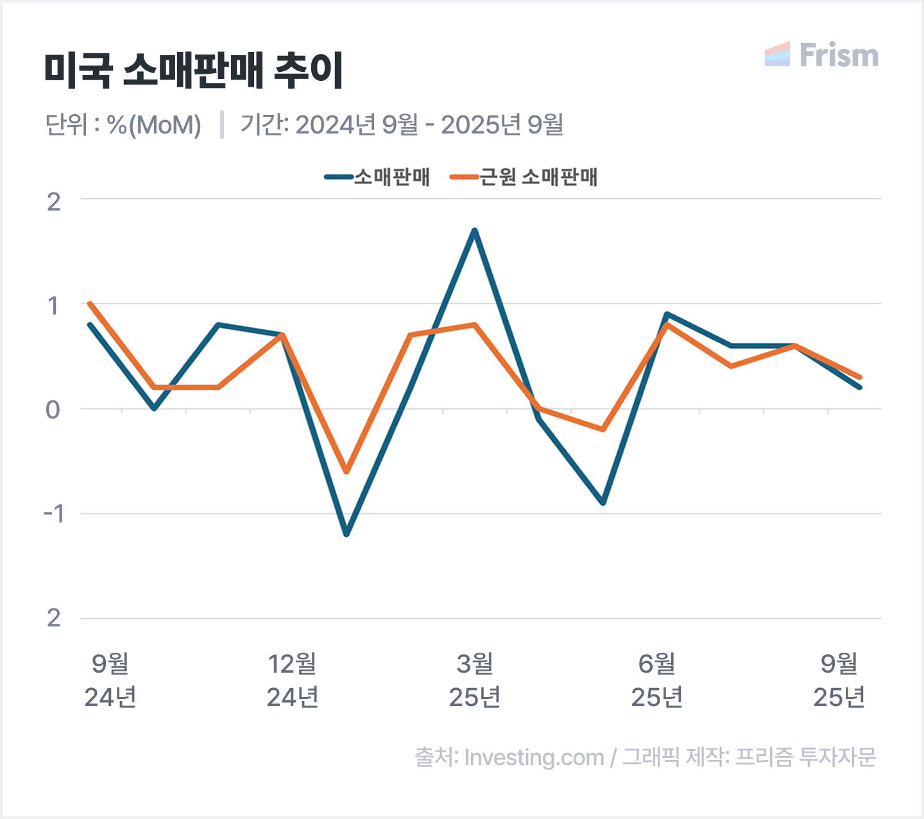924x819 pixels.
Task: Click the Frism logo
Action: coord(822,55)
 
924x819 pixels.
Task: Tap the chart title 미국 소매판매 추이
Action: coord(194,71)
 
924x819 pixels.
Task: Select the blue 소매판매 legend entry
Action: coord(377,177)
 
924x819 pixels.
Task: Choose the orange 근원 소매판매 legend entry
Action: coord(524,177)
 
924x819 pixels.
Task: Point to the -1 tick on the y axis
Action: coord(54,513)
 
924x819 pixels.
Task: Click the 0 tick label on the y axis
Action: coord(53,410)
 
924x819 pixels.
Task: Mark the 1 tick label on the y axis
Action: coord(53,306)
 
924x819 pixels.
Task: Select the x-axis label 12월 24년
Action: coord(293,680)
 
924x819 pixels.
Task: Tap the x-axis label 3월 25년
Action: coord(475,680)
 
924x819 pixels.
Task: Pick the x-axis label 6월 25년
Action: coord(657,680)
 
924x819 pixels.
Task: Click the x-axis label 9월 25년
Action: coord(839,680)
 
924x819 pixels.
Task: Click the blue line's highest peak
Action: coord(475,230)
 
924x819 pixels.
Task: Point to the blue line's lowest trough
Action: coord(346,534)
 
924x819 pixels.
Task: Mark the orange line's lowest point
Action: coord(346,472)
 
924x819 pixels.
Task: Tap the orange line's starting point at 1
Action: coord(90,304)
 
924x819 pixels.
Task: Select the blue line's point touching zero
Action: coord(154,408)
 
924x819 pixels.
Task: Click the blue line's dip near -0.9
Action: coord(603,503)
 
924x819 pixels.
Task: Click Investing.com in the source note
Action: coord(534,757)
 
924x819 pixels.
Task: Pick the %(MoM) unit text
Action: coord(154,125)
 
